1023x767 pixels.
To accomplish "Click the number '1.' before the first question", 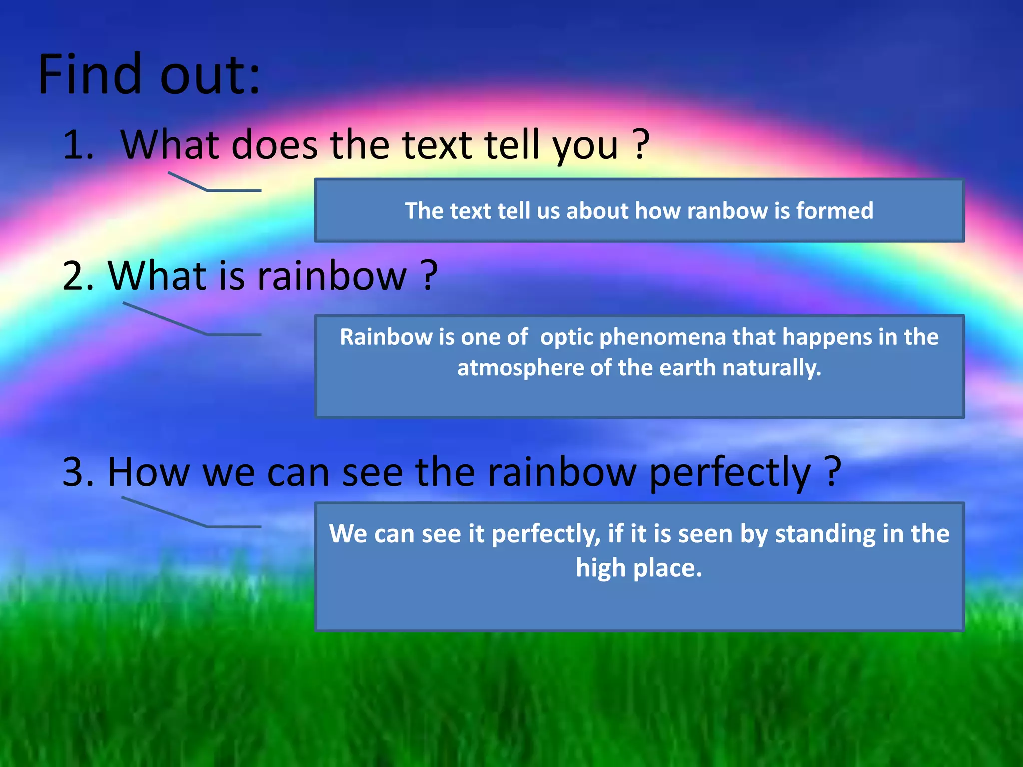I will click(x=78, y=145).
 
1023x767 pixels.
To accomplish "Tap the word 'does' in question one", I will click(x=274, y=145).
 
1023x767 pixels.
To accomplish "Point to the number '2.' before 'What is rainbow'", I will click(x=78, y=276).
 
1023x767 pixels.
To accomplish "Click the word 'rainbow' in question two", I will click(x=332, y=276).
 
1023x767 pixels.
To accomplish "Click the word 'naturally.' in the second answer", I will click(x=772, y=368).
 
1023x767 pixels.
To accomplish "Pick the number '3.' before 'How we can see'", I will click(x=78, y=472).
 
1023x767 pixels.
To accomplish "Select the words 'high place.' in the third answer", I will click(x=639, y=568).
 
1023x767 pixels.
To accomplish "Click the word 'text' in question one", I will click(x=437, y=145).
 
